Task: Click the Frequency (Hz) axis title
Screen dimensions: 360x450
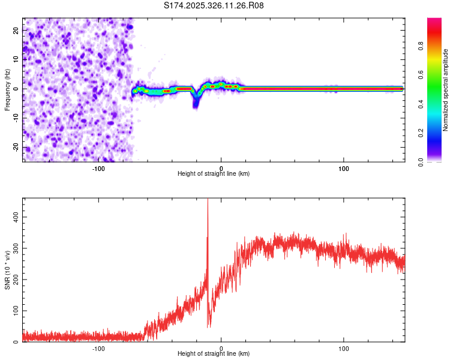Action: tap(7, 90)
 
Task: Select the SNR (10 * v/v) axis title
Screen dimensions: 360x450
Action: tap(7, 269)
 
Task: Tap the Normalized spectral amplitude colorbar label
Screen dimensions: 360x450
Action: tap(446, 90)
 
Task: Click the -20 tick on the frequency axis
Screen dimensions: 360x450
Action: tap(16, 147)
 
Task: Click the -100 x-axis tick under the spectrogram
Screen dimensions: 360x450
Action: tap(99, 168)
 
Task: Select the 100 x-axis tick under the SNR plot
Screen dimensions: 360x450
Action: tap(344, 349)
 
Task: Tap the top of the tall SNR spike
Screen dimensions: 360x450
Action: tap(208, 200)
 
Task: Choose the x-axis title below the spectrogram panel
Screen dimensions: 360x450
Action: tap(214, 174)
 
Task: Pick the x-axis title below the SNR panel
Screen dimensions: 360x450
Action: tap(214, 355)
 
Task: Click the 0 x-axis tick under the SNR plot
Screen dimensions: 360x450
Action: tap(221, 349)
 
